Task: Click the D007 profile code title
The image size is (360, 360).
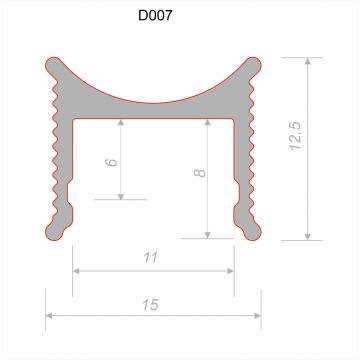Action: (155, 15)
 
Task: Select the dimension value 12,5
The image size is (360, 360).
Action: (296, 136)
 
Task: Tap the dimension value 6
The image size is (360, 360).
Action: (111, 162)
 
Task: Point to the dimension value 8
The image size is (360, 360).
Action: (200, 172)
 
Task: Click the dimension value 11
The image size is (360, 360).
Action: (151, 257)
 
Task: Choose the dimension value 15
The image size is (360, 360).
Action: (150, 305)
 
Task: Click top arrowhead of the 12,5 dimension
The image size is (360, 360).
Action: (308, 61)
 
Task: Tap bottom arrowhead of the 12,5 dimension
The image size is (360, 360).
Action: (308, 237)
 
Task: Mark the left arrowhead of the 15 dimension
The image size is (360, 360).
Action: (49, 316)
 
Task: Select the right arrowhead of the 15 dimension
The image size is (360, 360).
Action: (258, 316)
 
